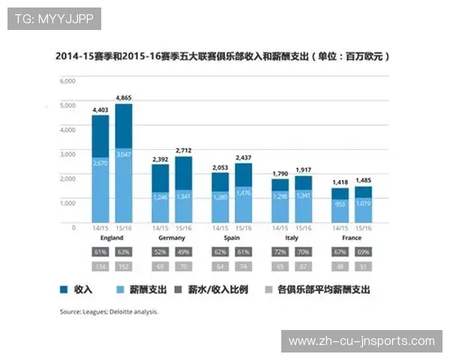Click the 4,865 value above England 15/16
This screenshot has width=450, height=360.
(x=124, y=97)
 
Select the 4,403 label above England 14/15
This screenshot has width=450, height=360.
(x=100, y=109)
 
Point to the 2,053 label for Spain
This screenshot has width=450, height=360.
(x=220, y=167)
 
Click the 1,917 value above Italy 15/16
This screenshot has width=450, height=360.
(x=304, y=170)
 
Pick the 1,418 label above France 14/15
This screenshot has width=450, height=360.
(x=340, y=182)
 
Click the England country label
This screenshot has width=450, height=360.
(x=111, y=238)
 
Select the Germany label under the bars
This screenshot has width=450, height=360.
(x=172, y=238)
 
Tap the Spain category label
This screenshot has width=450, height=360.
(x=232, y=238)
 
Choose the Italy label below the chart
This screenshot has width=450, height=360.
(x=292, y=238)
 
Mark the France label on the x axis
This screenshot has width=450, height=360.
(x=352, y=238)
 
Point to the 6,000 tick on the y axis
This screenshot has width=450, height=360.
(x=67, y=80)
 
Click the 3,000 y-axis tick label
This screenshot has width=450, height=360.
(x=67, y=154)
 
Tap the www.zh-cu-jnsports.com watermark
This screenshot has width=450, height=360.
(x=361, y=341)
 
